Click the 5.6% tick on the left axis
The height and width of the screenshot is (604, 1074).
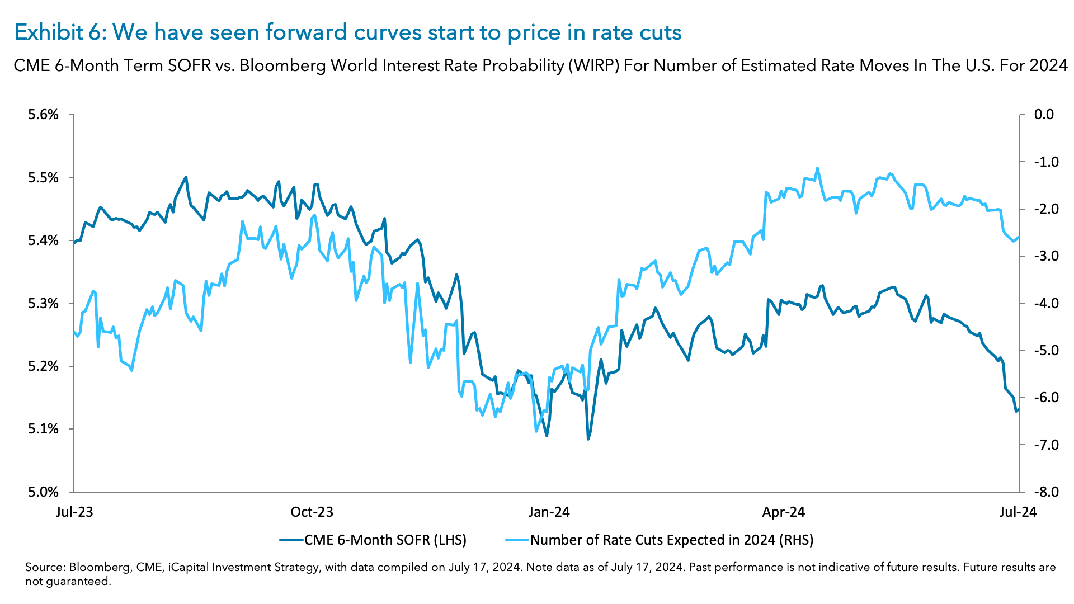43,115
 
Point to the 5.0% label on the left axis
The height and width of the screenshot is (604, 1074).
43,492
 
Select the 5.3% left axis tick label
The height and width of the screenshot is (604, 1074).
43,304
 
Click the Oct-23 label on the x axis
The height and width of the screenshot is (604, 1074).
312,512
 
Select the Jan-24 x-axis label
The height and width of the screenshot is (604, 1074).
549,512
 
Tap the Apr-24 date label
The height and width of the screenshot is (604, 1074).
784,512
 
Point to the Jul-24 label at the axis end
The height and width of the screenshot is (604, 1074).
1018,512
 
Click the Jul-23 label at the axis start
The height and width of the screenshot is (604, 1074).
74,512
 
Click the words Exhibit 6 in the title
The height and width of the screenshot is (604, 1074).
57,32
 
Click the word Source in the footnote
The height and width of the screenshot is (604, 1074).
45,568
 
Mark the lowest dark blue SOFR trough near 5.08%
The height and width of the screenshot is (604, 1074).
588,439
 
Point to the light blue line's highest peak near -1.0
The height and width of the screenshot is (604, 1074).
817,168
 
